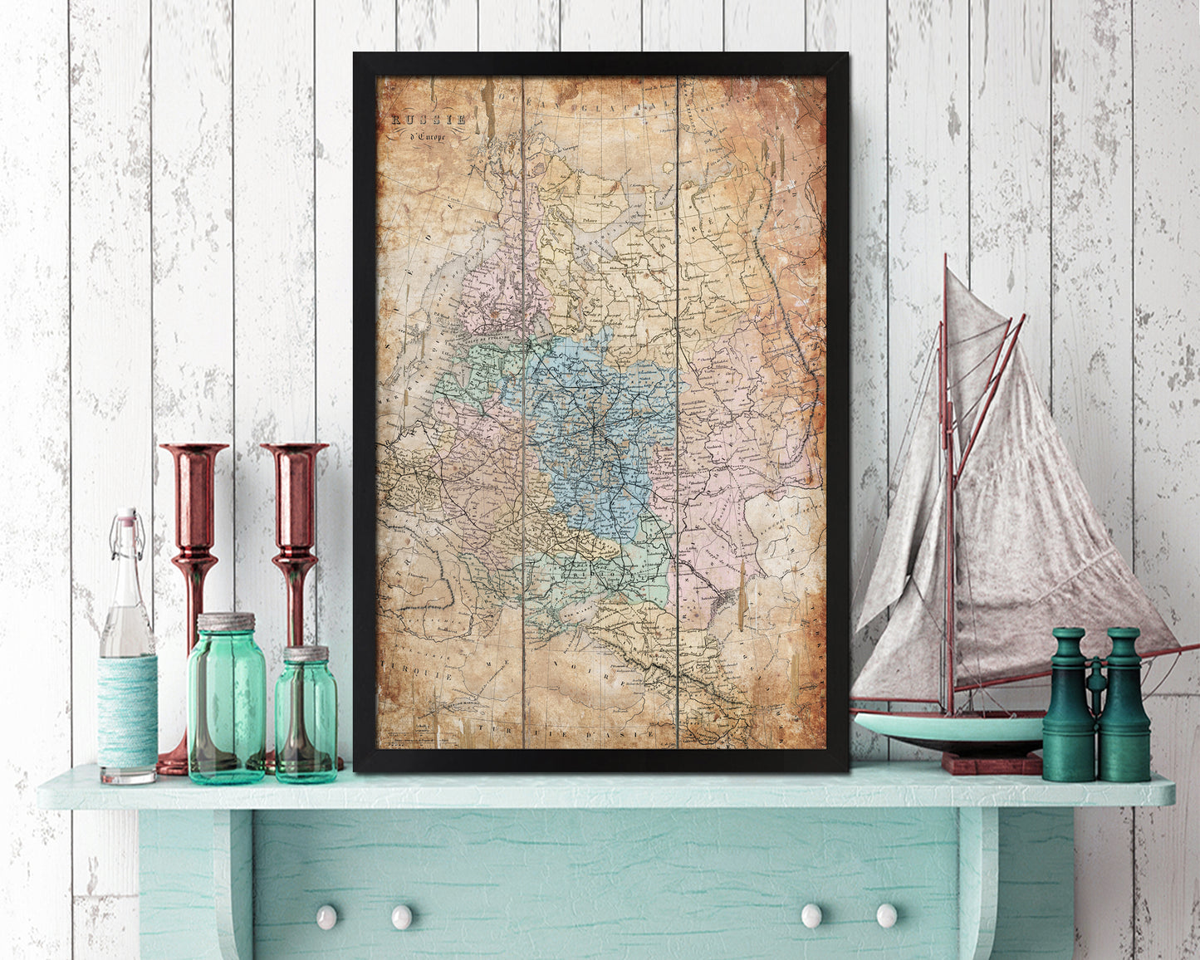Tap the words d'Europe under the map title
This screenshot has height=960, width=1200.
tap(425, 137)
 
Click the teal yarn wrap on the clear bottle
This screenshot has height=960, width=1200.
tap(127, 710)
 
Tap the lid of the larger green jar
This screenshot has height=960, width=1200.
tap(226, 622)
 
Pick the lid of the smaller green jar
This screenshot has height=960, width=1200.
tap(306, 654)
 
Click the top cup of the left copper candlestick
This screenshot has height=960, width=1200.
tap(193, 453)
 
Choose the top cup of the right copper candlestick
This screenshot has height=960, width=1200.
tap(294, 453)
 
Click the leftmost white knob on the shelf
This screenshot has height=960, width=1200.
tap(326, 916)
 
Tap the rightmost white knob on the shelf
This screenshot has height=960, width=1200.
tap(886, 915)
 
